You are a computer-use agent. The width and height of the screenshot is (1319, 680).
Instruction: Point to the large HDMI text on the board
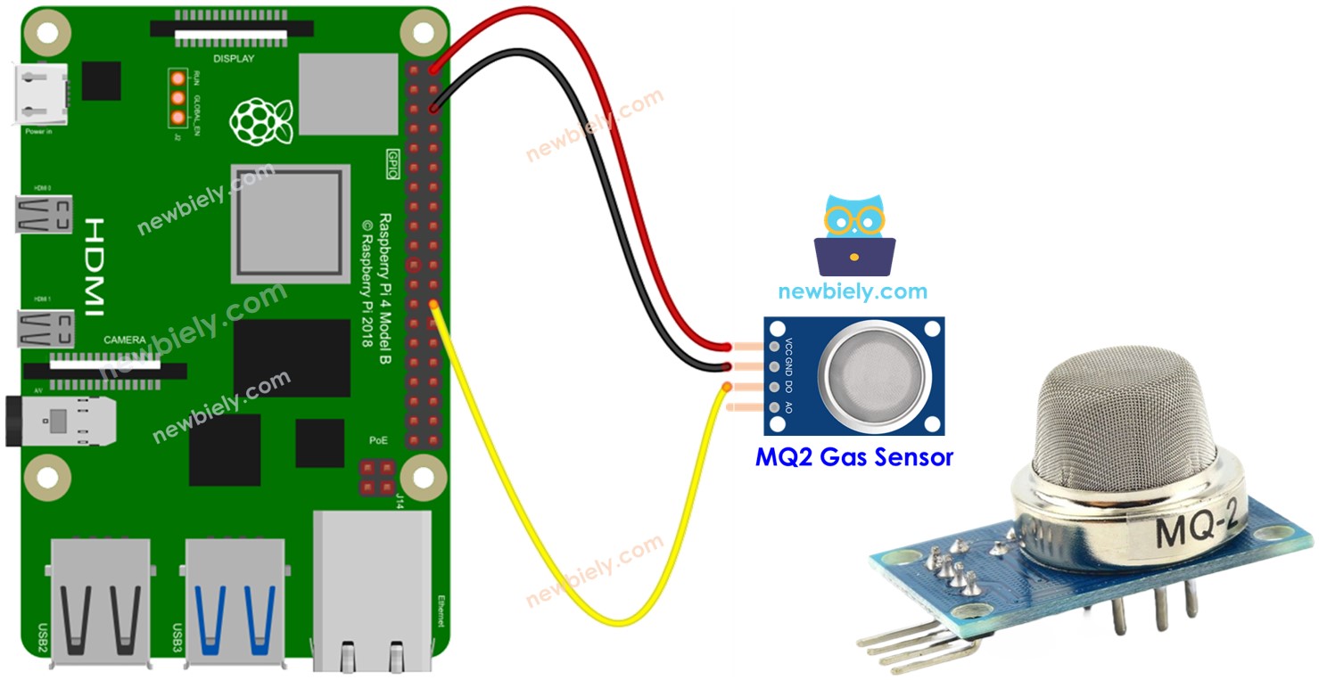coord(94,267)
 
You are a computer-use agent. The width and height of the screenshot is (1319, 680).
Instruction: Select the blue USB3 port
coord(235,602)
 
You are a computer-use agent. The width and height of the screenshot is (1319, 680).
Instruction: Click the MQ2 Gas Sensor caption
coord(853,458)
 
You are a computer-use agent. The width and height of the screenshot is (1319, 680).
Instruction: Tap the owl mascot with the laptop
coord(853,233)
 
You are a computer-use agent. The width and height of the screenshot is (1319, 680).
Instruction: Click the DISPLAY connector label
coord(235,59)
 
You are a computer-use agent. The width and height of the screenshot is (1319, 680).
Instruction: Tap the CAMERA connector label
coord(125,340)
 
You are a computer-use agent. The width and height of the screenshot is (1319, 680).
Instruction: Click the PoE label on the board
coord(378,440)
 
